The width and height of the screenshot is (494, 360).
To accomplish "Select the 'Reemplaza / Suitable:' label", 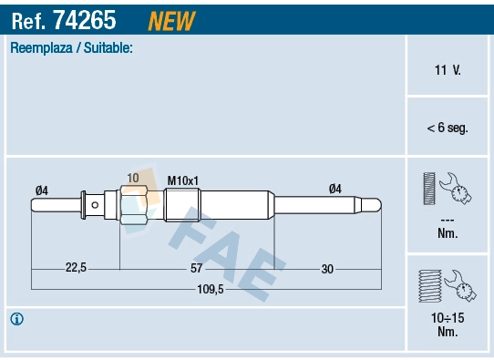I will click(x=71, y=47).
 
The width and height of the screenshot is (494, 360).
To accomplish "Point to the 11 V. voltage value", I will click(x=447, y=69).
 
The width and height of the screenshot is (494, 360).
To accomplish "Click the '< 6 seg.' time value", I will click(x=447, y=129).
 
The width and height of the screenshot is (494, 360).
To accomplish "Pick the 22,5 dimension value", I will click(x=75, y=268).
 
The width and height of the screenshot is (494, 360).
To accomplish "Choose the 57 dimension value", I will click(x=197, y=268).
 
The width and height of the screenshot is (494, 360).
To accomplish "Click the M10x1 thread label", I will click(x=182, y=180).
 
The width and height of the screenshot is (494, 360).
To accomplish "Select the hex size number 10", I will click(x=133, y=177).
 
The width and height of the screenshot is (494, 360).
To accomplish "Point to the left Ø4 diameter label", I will click(x=41, y=190).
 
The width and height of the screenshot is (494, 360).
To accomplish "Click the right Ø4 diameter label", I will click(x=334, y=190).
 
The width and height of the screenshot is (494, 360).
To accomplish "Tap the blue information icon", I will click(x=16, y=319).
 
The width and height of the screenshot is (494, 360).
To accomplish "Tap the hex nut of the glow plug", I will click(x=133, y=205).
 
